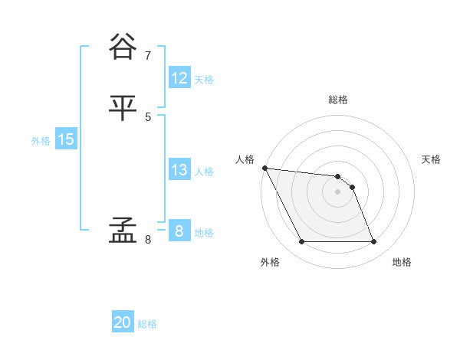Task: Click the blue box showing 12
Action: click(x=179, y=78)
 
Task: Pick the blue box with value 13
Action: click(x=179, y=170)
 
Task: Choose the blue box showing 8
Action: click(x=179, y=231)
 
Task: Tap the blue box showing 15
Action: click(x=66, y=139)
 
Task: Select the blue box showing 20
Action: click(x=123, y=322)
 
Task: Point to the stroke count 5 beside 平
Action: click(x=148, y=117)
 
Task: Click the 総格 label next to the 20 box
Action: click(x=147, y=324)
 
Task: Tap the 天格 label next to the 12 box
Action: click(x=204, y=80)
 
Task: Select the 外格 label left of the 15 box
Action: click(x=41, y=141)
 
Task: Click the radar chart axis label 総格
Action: click(x=338, y=100)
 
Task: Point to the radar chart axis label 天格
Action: click(x=432, y=159)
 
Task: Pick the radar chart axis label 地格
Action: click(x=402, y=262)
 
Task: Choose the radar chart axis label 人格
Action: click(x=245, y=159)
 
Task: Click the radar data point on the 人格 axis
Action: click(x=264, y=168)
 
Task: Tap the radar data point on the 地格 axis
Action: click(x=374, y=242)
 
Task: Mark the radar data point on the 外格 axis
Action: click(x=302, y=242)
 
